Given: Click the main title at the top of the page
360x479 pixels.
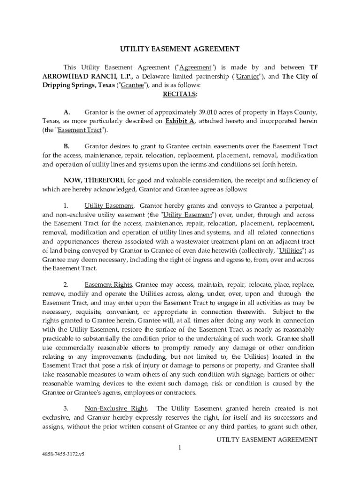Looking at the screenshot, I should point(180,49).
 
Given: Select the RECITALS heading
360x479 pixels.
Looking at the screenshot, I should point(180,94).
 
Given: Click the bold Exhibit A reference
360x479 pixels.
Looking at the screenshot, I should point(180,121).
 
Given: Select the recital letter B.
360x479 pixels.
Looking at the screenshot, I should point(66,146).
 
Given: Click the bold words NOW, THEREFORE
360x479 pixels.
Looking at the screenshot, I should point(94,181).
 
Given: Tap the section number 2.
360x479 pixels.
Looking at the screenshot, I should point(66,284).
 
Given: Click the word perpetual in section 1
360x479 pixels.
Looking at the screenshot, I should point(299,206).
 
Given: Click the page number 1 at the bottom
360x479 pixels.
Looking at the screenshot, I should point(179,448).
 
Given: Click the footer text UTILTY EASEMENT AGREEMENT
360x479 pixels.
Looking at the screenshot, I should point(266,440).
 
